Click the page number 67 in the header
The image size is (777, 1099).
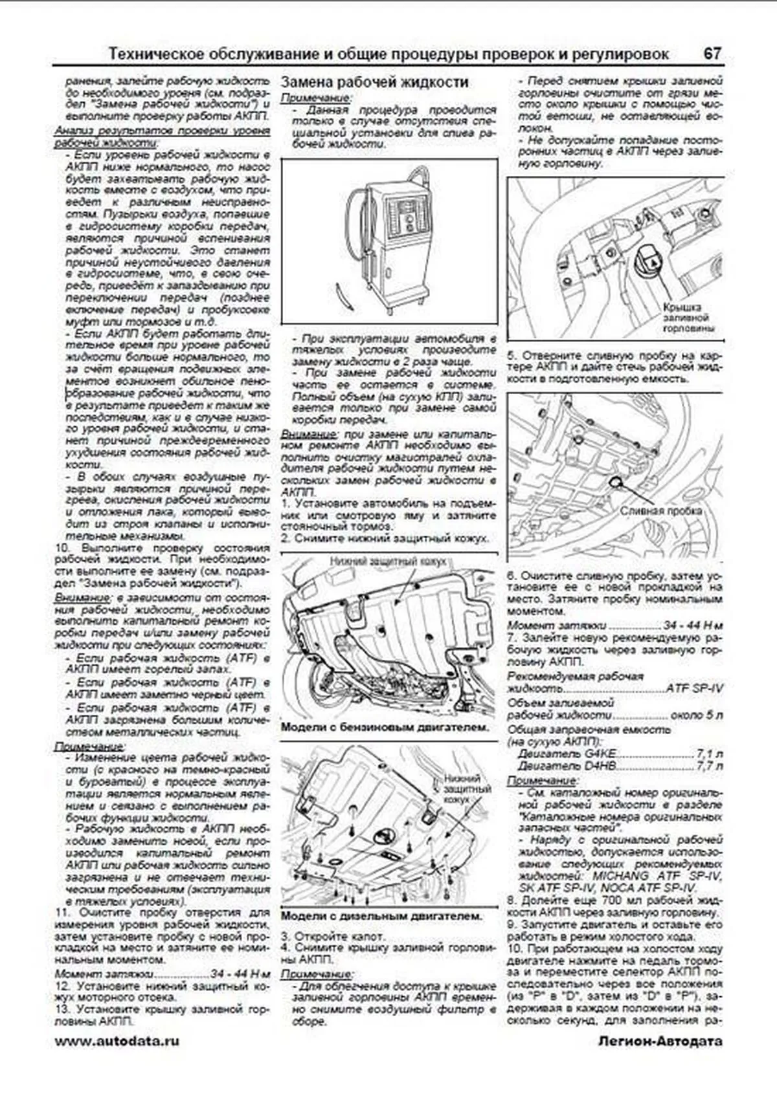pyautogui.click(x=712, y=54)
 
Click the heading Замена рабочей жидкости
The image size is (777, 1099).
pyautogui.click(x=375, y=82)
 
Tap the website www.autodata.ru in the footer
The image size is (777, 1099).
pyautogui.click(x=117, y=1041)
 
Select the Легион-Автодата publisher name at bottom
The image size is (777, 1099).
pyautogui.click(x=660, y=1041)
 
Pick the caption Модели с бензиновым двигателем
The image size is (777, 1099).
pyautogui.click(x=385, y=727)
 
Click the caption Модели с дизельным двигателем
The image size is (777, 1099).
pyautogui.click(x=381, y=916)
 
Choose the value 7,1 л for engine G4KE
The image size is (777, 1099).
pyautogui.click(x=709, y=754)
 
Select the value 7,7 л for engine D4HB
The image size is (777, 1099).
pyautogui.click(x=709, y=766)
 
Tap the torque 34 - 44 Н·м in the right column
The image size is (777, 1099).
pyautogui.click(x=693, y=626)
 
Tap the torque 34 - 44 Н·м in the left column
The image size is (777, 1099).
pyautogui.click(x=240, y=974)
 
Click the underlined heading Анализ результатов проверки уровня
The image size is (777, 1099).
pyautogui.click(x=162, y=131)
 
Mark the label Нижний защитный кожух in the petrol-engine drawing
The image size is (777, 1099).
pyautogui.click(x=387, y=561)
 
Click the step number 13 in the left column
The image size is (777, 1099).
pyautogui.click(x=62, y=1009)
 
